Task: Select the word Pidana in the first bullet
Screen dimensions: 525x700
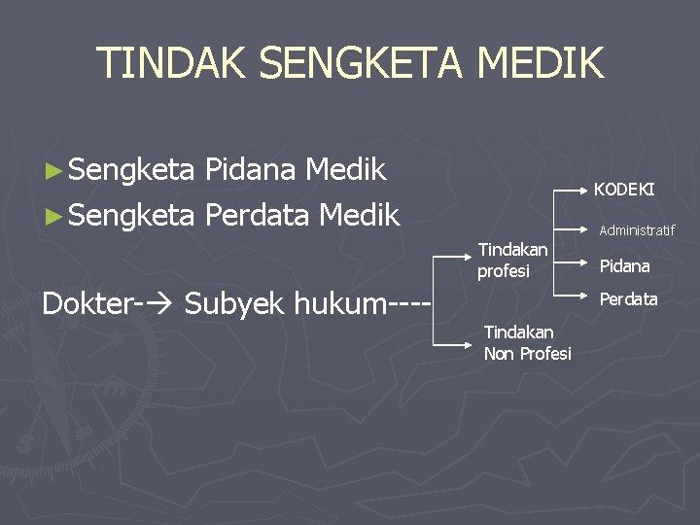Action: pyautogui.click(x=250, y=170)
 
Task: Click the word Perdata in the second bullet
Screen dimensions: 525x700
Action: pyautogui.click(x=257, y=214)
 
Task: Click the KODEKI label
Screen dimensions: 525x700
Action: pyautogui.click(x=623, y=189)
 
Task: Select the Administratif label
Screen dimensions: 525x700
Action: pyautogui.click(x=637, y=230)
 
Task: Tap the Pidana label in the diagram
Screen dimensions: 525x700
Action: pyautogui.click(x=624, y=265)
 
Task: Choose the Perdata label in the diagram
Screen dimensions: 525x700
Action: pyautogui.click(x=628, y=299)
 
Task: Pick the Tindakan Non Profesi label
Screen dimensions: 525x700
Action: pyautogui.click(x=527, y=343)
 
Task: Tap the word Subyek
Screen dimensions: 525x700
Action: pyautogui.click(x=230, y=304)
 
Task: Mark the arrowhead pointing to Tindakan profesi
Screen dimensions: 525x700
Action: pyautogui.click(x=469, y=257)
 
